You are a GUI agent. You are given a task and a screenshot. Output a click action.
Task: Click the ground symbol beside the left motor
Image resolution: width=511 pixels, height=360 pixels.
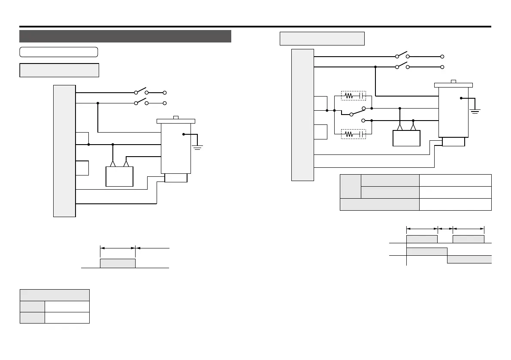[197, 148]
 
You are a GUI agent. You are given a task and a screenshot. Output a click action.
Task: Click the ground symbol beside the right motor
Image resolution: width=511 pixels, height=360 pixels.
[475, 111]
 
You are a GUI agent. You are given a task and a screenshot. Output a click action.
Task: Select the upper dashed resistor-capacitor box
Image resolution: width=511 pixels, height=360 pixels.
[353, 95]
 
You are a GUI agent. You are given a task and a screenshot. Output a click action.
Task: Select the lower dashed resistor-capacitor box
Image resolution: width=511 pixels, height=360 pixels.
[353, 134]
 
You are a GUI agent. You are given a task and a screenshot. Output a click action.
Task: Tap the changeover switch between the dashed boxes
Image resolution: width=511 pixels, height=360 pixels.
[357, 112]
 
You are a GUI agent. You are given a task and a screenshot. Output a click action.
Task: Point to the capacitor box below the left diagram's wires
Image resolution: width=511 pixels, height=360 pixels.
[119, 176]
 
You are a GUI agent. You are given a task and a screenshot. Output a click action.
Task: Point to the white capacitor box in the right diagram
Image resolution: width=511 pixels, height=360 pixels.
[406, 138]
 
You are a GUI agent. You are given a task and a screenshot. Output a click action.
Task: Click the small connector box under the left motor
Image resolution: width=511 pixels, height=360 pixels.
[175, 178]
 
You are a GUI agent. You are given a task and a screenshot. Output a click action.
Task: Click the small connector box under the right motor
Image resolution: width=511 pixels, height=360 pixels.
[453, 142]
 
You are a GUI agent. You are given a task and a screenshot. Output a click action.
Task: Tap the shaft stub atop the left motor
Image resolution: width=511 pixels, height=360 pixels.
[175, 117]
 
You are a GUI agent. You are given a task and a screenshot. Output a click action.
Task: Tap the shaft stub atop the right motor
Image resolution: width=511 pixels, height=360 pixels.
[453, 81]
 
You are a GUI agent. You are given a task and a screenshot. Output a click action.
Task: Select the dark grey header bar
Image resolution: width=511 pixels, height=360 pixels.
[125, 36]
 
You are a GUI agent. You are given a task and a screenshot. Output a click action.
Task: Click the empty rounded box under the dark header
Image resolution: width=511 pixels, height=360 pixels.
[59, 52]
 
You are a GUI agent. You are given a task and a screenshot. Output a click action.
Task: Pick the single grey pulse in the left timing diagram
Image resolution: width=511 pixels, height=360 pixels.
[118, 263]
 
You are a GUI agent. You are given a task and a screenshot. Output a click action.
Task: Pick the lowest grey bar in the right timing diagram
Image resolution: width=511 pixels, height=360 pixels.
[469, 259]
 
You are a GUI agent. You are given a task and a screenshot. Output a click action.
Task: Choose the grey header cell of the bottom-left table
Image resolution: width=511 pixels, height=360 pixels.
[54, 295]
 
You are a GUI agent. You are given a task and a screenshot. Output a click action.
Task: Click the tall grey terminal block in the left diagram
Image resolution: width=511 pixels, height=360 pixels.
[64, 151]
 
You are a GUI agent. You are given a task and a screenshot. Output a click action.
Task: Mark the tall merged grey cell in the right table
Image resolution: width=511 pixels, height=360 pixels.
[350, 186]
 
